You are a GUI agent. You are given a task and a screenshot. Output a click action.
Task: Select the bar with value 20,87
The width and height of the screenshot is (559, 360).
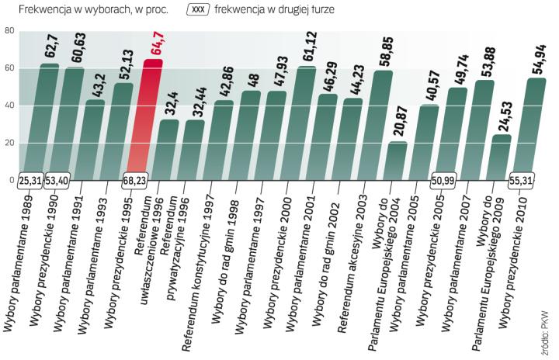(x=396, y=161)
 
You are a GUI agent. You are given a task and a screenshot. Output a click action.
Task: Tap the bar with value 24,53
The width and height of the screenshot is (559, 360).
(x=502, y=158)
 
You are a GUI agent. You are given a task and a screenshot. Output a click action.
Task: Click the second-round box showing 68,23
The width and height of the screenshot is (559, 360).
(x=140, y=181)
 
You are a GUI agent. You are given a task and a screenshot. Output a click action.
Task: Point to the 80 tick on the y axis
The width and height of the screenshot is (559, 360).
(x=9, y=31)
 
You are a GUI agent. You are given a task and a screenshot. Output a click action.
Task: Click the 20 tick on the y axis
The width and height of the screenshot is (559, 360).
(x=9, y=144)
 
